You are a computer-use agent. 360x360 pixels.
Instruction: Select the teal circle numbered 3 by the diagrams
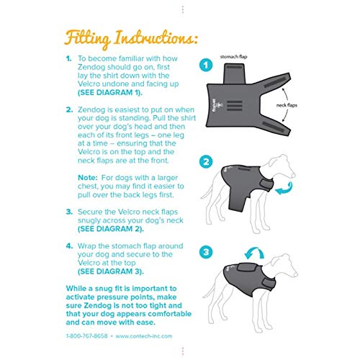pyautogui.click(x=205, y=252)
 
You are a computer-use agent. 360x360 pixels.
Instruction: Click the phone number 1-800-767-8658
pyautogui.click(x=89, y=335)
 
